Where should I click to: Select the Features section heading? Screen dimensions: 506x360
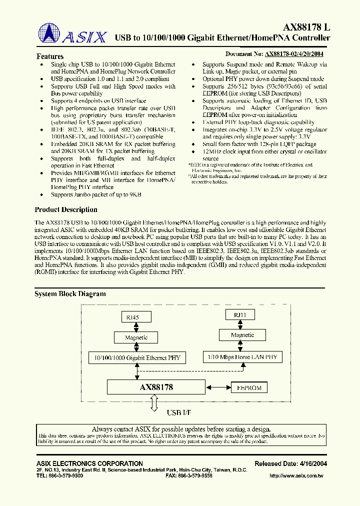coord(50,56)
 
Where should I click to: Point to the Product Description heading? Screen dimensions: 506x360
coord(65,209)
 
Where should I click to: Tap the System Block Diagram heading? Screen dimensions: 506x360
coord(70,294)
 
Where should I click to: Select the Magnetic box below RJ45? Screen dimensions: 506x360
coord(136,337)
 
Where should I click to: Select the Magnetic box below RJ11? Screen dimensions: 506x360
coord(242,335)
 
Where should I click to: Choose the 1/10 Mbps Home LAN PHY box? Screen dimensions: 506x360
coord(242,357)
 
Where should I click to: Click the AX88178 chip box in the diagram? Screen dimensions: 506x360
coord(156,387)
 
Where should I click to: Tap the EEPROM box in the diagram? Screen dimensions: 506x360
coord(248,387)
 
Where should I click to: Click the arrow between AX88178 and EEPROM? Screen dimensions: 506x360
coord(217,387)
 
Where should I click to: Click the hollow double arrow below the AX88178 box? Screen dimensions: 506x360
coord(154,402)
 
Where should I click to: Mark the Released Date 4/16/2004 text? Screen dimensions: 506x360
coord(290,463)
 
